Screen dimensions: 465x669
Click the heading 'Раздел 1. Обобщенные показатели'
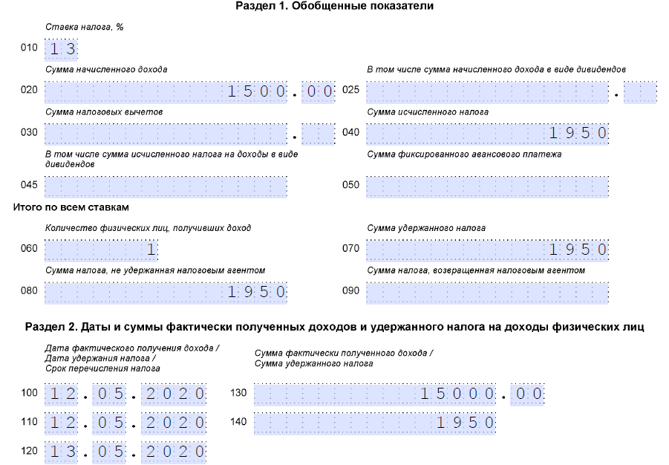click(x=334, y=6)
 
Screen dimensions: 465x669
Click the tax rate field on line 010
click(x=61, y=50)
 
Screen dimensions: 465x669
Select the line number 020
click(x=29, y=91)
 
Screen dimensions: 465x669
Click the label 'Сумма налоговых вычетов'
click(x=104, y=111)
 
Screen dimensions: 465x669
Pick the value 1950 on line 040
click(x=578, y=134)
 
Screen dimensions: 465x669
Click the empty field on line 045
click(x=166, y=186)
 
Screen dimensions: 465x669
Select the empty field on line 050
click(x=487, y=186)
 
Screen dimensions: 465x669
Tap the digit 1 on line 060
click(x=150, y=250)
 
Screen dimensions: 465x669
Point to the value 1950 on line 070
click(x=578, y=250)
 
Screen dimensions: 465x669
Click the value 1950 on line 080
click(x=257, y=292)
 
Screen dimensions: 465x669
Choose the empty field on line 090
click(x=487, y=292)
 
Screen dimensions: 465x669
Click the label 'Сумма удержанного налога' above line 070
click(x=426, y=228)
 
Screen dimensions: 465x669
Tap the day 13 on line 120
click(x=61, y=452)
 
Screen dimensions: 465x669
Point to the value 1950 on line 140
click(x=465, y=423)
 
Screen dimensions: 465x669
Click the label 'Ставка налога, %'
click(x=84, y=27)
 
